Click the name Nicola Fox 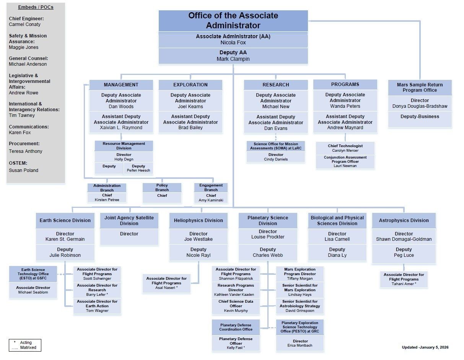[x=233, y=43]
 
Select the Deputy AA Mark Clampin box [x=233, y=56]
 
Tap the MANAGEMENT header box [x=121, y=85]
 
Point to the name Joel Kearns [x=190, y=107]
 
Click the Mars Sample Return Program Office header [x=420, y=88]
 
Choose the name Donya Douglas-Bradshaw [x=420, y=106]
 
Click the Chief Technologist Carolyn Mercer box [x=345, y=148]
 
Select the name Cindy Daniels [x=275, y=159]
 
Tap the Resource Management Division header [x=124, y=146]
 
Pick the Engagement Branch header [x=211, y=187]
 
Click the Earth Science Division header [x=65, y=221]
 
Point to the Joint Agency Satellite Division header [x=129, y=221]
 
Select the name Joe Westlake [x=198, y=239]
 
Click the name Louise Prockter [x=268, y=237]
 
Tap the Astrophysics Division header [x=404, y=221]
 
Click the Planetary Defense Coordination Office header [x=236, y=327]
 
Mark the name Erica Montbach [x=300, y=345]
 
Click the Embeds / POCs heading [x=36, y=8]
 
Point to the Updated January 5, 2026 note [x=425, y=347]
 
